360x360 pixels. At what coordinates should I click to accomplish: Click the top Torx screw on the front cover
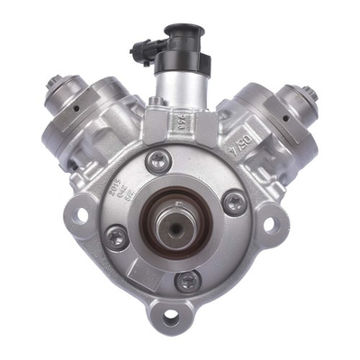(158, 162)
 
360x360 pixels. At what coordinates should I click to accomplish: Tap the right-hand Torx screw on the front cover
(233, 202)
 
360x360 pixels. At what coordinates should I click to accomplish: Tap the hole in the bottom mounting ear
(171, 318)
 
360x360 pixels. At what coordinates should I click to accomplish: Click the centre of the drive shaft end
(171, 225)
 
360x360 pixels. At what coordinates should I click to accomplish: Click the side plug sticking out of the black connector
(139, 51)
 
